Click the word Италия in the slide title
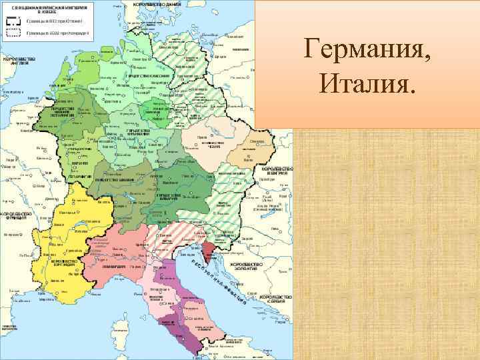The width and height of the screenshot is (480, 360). pos(368,84)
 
